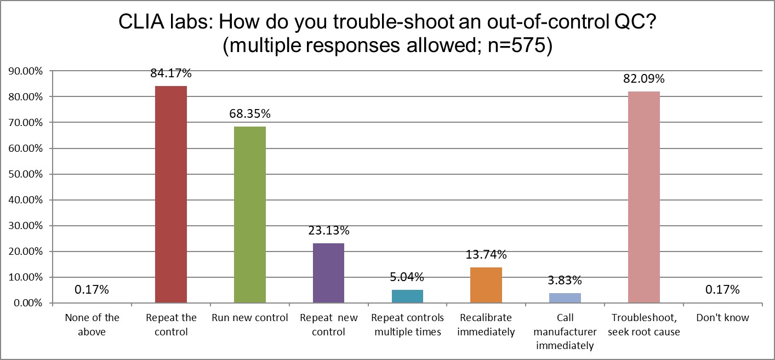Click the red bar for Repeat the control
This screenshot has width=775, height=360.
pos(171,195)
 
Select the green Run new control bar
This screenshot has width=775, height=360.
pos(249,215)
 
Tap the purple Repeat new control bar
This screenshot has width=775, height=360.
pos(328,273)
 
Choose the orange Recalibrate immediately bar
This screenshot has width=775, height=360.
pos(486,285)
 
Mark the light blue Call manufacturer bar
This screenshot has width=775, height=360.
pos(565,298)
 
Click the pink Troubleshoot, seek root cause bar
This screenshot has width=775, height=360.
pos(643,197)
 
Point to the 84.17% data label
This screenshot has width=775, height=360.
pos(171,73)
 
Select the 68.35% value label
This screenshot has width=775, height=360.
pos(250,114)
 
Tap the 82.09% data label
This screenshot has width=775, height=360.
pos(643,78)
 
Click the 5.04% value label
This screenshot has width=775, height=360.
pos(407,277)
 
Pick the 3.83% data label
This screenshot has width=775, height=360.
pos(565,280)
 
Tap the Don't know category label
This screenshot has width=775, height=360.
pos(722,318)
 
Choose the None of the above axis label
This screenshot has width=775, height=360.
pos(92,324)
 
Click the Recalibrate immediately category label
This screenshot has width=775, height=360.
pos(486,324)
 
